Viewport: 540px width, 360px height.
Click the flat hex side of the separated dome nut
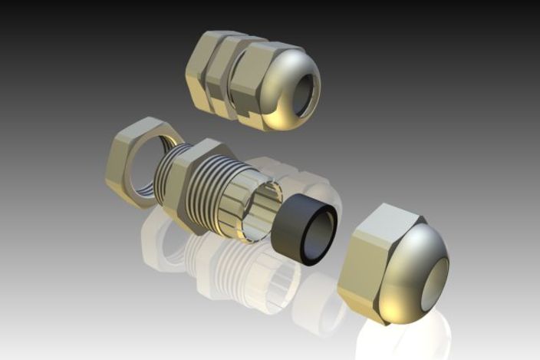pyautogui.click(x=368, y=261)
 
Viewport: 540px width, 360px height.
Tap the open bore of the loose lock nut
pyautogui.click(x=146, y=165)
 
